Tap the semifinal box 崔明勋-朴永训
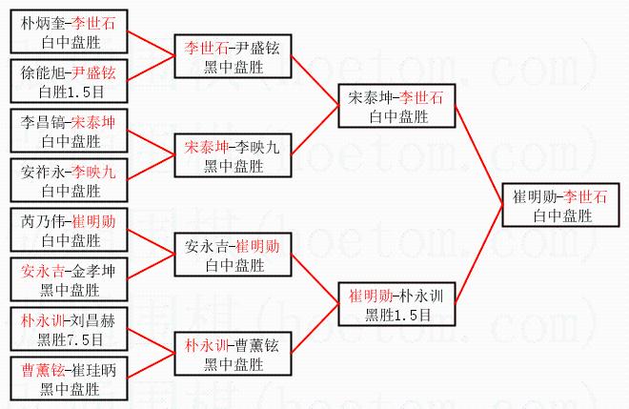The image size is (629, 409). (397, 304)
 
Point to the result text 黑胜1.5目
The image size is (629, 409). (397, 313)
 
